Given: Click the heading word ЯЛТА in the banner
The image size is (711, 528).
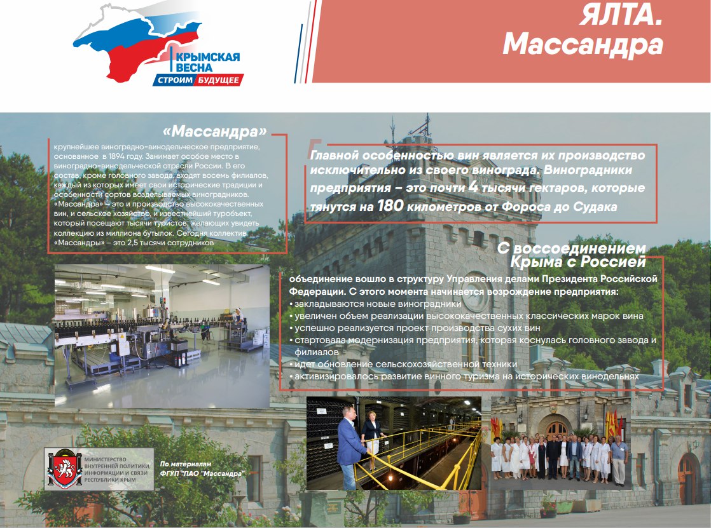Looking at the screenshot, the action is (620, 16).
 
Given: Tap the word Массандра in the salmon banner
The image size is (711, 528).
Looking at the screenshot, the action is (583, 45).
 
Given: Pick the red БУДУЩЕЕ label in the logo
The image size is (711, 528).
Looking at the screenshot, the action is (218, 80).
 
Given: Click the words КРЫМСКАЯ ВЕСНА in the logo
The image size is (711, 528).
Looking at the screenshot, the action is (206, 62).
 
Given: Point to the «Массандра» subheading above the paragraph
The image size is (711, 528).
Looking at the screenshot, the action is (215, 132).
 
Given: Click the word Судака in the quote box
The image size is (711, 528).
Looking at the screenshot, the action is (595, 207).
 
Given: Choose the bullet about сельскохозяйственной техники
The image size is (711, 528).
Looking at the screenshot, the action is (403, 364).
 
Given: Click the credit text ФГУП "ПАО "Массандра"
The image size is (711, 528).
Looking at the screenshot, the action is (202, 473).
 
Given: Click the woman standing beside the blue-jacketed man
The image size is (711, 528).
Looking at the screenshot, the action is (372, 442).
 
